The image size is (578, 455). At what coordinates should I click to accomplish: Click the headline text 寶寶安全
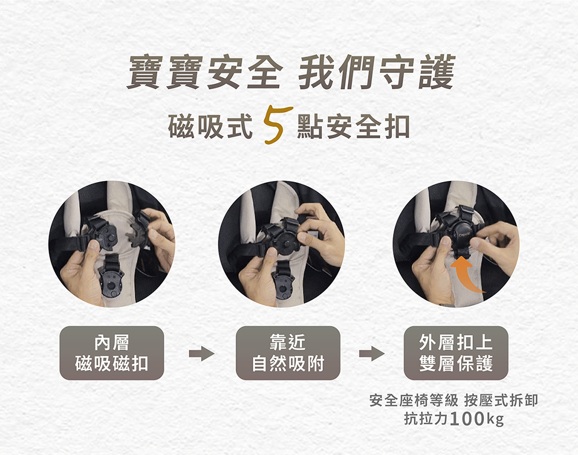click(205, 72)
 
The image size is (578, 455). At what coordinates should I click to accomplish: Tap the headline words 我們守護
click(376, 72)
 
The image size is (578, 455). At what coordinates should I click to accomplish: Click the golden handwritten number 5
click(277, 125)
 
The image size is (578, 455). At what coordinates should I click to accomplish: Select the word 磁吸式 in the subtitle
click(210, 127)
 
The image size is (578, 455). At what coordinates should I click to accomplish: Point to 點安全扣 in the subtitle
click(354, 127)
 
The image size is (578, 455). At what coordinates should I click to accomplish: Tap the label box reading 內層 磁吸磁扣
click(112, 353)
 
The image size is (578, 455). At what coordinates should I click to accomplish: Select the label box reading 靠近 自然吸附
click(288, 353)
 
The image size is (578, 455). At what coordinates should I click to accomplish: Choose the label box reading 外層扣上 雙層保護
click(456, 353)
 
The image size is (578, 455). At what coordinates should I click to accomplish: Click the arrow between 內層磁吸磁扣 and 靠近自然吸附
click(201, 354)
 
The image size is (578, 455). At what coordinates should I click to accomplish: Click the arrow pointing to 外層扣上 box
click(372, 354)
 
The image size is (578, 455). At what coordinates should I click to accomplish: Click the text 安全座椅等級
click(414, 400)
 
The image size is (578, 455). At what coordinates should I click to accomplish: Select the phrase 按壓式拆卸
click(501, 400)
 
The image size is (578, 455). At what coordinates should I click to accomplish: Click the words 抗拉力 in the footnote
click(426, 419)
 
